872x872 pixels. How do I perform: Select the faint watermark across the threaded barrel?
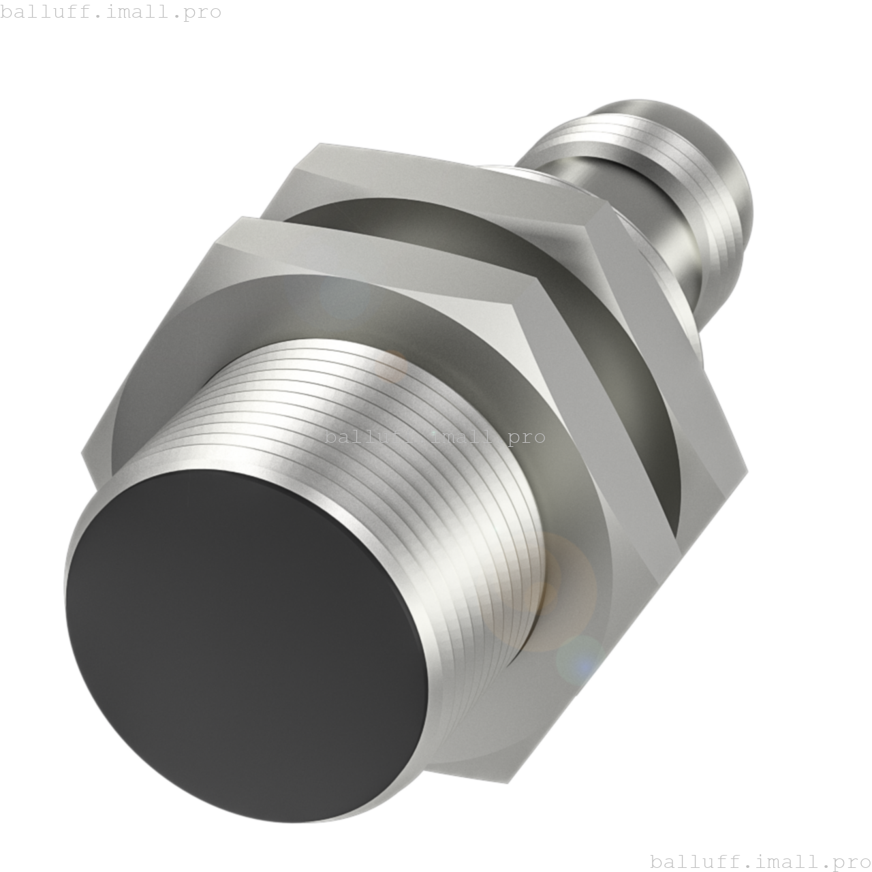click(429, 436)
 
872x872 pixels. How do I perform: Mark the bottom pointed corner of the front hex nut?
click(508, 783)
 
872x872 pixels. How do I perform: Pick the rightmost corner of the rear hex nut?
click(747, 470)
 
